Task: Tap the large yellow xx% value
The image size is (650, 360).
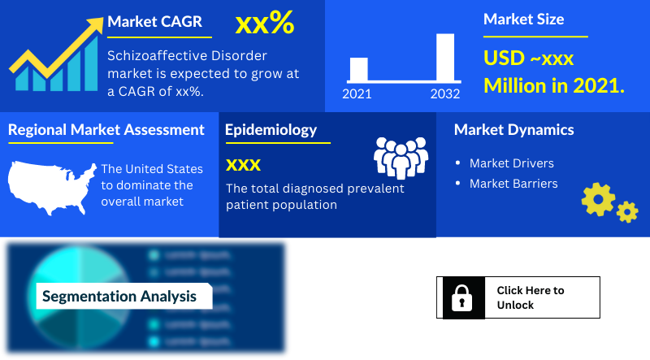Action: [264, 24]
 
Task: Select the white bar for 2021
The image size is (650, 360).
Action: [358, 69]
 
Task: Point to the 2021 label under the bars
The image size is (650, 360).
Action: [357, 93]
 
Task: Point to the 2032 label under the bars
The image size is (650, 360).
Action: [444, 93]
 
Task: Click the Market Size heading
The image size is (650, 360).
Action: [523, 20]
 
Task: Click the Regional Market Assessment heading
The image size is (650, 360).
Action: [106, 130]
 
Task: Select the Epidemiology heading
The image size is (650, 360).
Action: [271, 130]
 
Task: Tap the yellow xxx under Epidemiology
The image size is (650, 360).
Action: [243, 165]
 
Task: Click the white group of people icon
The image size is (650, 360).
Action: [401, 157]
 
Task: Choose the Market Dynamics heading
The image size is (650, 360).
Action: [513, 130]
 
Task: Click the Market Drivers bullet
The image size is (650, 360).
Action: [511, 163]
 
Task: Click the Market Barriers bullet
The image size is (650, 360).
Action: [513, 184]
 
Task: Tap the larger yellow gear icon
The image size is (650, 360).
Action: [598, 199]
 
